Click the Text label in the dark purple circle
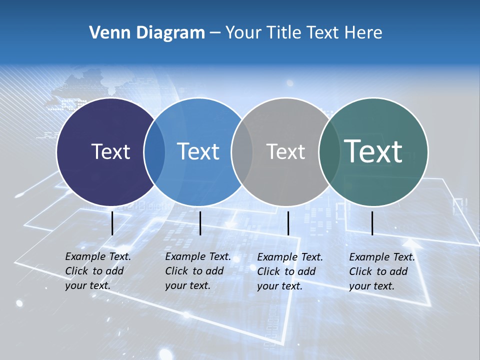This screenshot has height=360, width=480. coord(110,151)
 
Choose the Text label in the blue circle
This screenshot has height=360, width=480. coord(198,151)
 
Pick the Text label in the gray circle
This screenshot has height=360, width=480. coord(285,151)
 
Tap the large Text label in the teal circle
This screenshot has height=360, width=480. coord(373,151)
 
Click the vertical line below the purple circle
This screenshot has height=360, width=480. coord(112,223)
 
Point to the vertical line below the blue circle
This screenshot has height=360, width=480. coord(200,223)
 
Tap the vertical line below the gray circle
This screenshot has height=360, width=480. coord(288,223)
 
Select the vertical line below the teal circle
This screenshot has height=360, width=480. coord(372,223)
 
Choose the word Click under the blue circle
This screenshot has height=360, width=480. coord(176,271)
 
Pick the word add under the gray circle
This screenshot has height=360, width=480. coord(307,271)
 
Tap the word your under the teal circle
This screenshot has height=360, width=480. coord(359,286)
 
